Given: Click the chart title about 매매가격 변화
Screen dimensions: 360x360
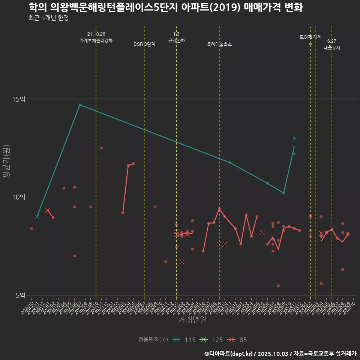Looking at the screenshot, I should click(x=165, y=7).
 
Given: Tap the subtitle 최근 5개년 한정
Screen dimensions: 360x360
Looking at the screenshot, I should click(x=48, y=18).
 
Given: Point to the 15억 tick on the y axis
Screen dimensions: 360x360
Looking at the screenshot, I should click(x=19, y=99).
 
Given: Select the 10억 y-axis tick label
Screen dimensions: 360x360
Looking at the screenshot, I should click(x=19, y=197).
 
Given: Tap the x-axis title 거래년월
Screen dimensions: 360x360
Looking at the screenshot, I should click(x=192, y=320).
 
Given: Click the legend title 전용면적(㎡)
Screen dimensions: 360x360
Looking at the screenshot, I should click(x=152, y=340).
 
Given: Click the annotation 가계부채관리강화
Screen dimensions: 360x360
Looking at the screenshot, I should click(x=96, y=40).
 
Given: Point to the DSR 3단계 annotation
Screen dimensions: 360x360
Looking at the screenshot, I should click(x=144, y=44).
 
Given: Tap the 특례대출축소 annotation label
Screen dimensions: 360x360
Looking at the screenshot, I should click(x=219, y=44).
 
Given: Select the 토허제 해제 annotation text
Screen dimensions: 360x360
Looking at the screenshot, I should click(x=310, y=37).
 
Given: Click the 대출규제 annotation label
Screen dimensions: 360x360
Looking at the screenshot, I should click(x=332, y=48).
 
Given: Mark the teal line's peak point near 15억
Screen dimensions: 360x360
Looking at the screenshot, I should click(x=80, y=105).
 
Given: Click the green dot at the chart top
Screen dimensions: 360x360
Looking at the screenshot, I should click(x=310, y=44).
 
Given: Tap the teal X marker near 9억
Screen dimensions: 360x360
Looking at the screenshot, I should click(x=37, y=216).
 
